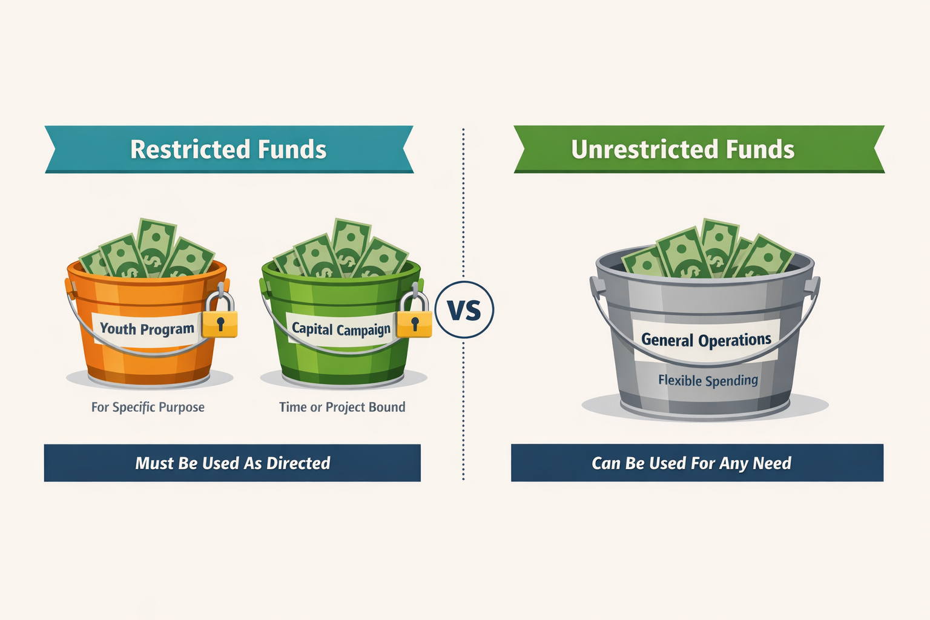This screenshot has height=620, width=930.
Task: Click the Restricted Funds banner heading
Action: [228, 150]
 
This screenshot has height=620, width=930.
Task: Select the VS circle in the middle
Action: [464, 309]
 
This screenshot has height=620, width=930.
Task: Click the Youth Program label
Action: [147, 329]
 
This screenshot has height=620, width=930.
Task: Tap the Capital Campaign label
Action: [341, 329]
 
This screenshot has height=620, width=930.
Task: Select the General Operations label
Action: [706, 340]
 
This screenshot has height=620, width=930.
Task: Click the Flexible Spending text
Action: [708, 380]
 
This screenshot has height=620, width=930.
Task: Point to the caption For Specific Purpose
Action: [148, 407]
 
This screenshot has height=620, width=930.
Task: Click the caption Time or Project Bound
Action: [342, 407]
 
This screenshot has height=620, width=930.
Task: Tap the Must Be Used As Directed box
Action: [232, 463]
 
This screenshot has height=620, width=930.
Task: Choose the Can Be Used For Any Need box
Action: [697, 463]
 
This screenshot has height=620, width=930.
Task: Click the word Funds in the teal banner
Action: [292, 150]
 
